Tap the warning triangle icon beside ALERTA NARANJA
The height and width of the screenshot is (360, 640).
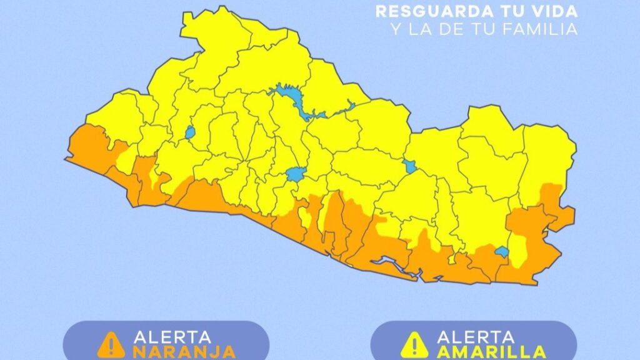click(111, 343)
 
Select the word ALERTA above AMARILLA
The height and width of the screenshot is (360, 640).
click(476, 336)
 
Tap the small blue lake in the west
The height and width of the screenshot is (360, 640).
click(189, 132)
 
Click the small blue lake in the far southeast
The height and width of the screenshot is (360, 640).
click(502, 252)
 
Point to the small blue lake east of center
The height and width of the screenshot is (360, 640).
click(409, 166)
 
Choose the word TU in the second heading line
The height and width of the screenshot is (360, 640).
click(474, 29)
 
